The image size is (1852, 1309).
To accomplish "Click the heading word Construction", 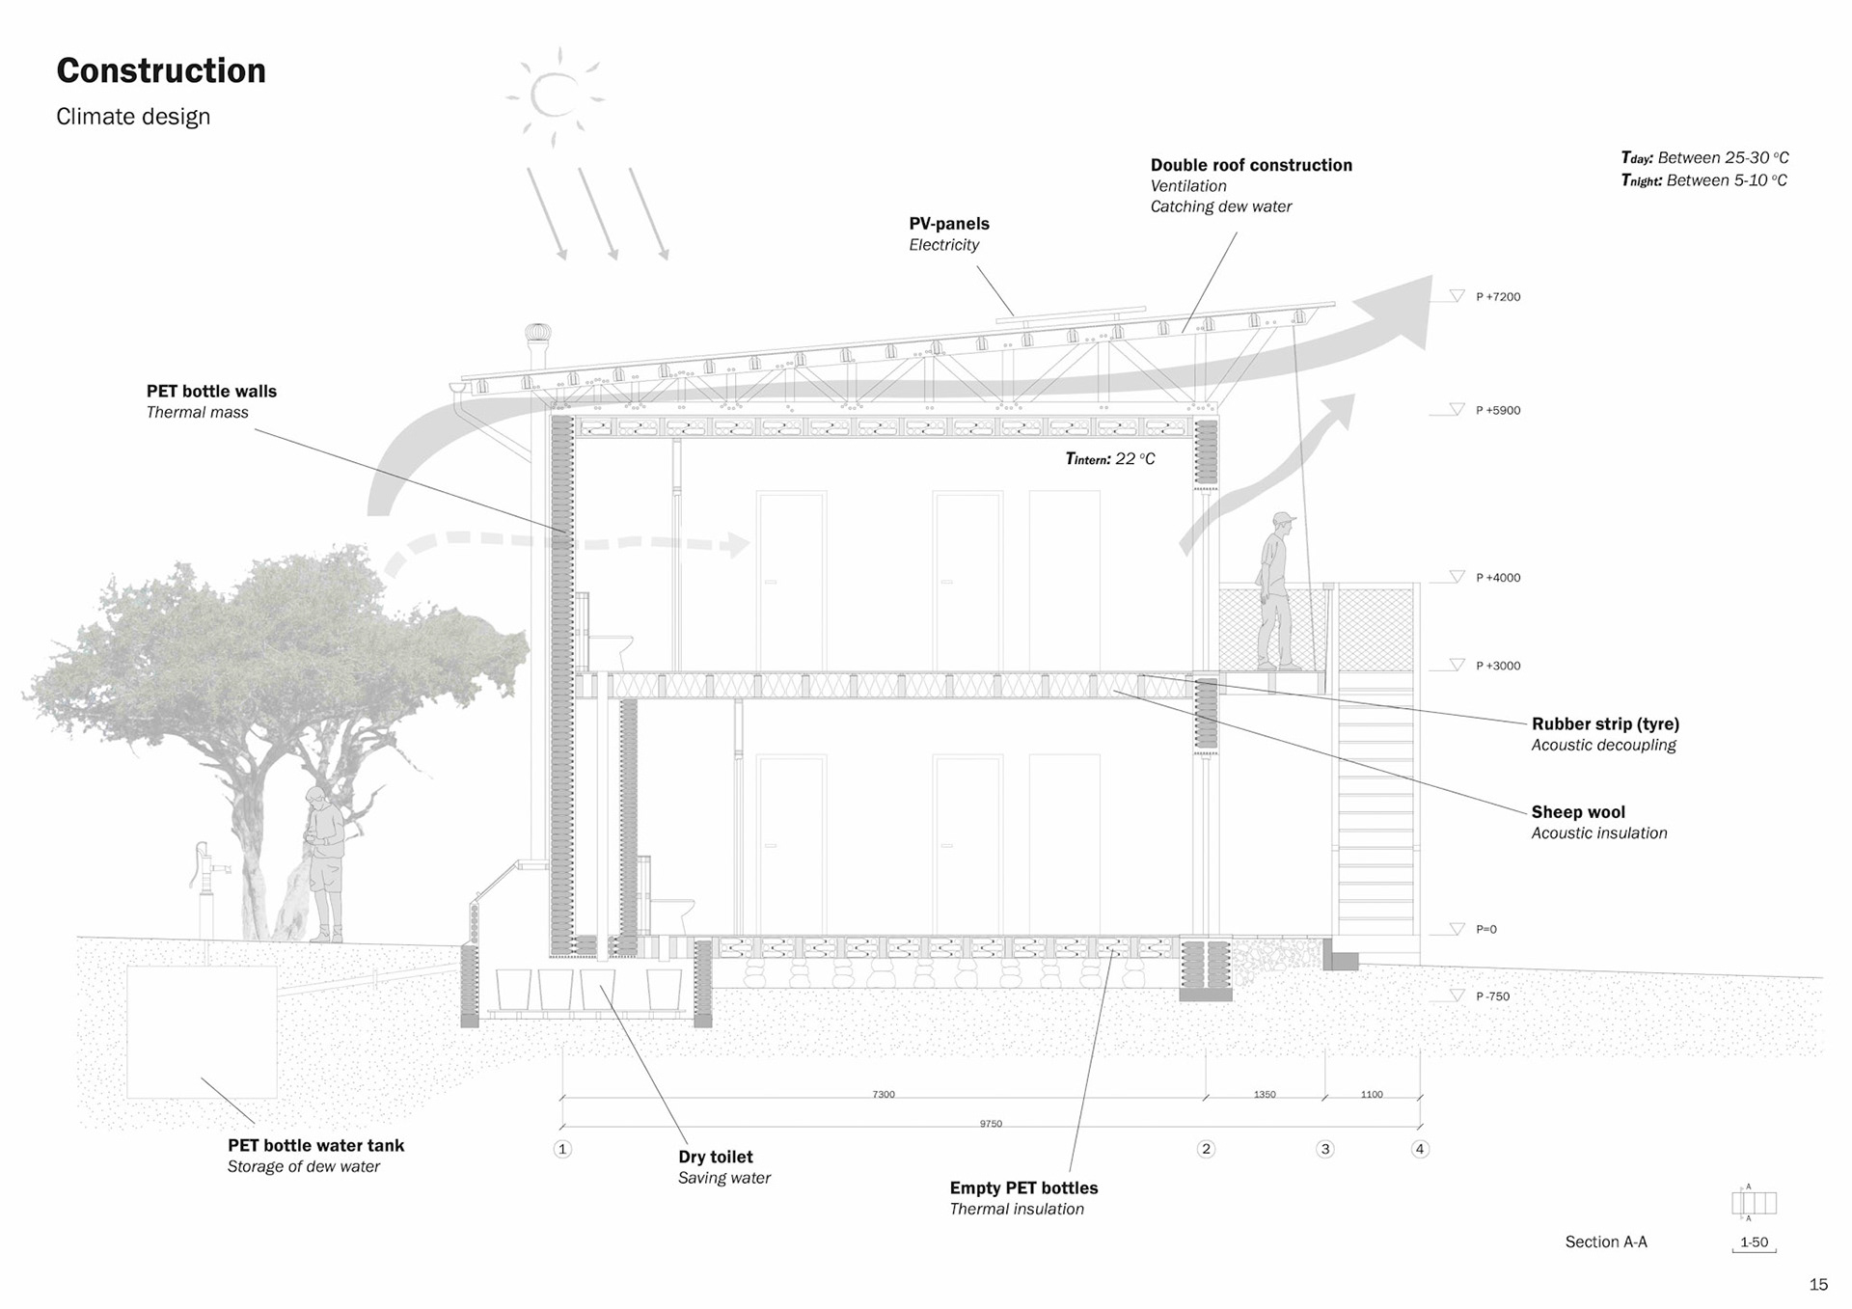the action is tap(161, 70).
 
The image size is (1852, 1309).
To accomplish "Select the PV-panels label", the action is tap(949, 224).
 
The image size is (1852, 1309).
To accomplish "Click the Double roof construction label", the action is tap(1251, 165).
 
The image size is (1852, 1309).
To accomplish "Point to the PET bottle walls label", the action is tap(211, 392).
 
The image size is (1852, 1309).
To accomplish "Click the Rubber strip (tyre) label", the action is tap(1605, 724).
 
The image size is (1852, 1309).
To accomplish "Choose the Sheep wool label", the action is tap(1578, 812).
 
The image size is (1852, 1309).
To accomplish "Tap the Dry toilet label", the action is tap(715, 1158).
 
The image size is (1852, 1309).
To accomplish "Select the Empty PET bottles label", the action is tap(1023, 1188).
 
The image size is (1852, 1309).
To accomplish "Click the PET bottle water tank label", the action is tap(315, 1146).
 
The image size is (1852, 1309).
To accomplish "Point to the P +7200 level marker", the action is tap(1497, 297).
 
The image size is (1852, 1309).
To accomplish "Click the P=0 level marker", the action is tap(1485, 930).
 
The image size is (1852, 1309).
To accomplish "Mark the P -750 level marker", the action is tap(1492, 996).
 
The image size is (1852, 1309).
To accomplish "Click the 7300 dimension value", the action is tap(884, 1095).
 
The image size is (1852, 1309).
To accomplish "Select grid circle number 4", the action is tap(1419, 1149).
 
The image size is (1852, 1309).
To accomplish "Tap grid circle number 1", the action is tap(562, 1149).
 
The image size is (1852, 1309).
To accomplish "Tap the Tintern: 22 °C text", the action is tap(1109, 459).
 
